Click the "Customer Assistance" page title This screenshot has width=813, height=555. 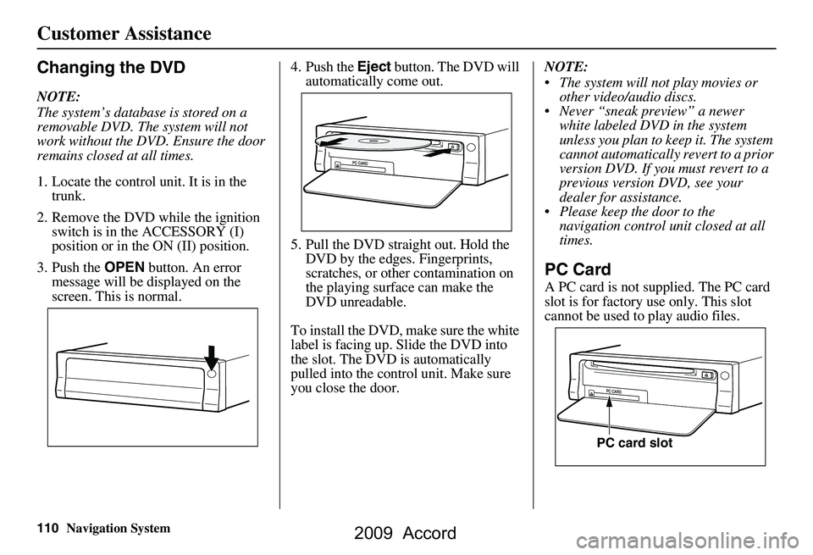[x=124, y=34]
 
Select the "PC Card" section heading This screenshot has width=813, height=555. [x=579, y=269]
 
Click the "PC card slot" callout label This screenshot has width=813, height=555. [x=635, y=442]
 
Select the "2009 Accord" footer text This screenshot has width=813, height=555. [x=406, y=534]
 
